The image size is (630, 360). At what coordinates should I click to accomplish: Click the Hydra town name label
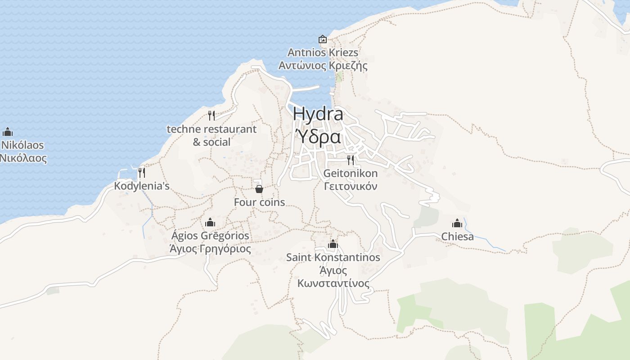[318, 114]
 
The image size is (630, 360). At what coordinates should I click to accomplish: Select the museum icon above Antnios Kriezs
[322, 39]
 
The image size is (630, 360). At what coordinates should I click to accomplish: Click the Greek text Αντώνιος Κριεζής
[323, 66]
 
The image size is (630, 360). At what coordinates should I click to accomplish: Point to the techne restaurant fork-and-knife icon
[211, 116]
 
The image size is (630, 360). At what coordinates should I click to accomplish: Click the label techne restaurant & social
[211, 135]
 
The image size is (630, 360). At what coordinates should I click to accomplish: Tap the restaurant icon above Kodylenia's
[142, 172]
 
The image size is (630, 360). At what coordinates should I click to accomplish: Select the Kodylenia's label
[142, 186]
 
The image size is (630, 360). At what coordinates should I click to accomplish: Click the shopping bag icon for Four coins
[259, 189]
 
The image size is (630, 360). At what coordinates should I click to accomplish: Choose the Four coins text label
[259, 202]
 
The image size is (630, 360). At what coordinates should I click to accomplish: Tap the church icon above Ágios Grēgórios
[210, 222]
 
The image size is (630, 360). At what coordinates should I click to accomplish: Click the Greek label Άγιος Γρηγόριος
[210, 249]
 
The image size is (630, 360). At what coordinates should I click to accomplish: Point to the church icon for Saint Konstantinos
[333, 244]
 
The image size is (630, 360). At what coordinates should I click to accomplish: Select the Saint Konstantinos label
[333, 258]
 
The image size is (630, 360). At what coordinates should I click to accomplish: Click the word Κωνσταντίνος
[333, 284]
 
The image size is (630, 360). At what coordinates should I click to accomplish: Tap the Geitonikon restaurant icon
[351, 160]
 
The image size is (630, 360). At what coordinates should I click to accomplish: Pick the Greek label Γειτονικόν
[351, 186]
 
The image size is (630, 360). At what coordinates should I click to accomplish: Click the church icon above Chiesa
[457, 223]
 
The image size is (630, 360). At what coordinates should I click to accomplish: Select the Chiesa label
[457, 237]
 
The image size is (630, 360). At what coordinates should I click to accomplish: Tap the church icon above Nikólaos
[7, 132]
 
